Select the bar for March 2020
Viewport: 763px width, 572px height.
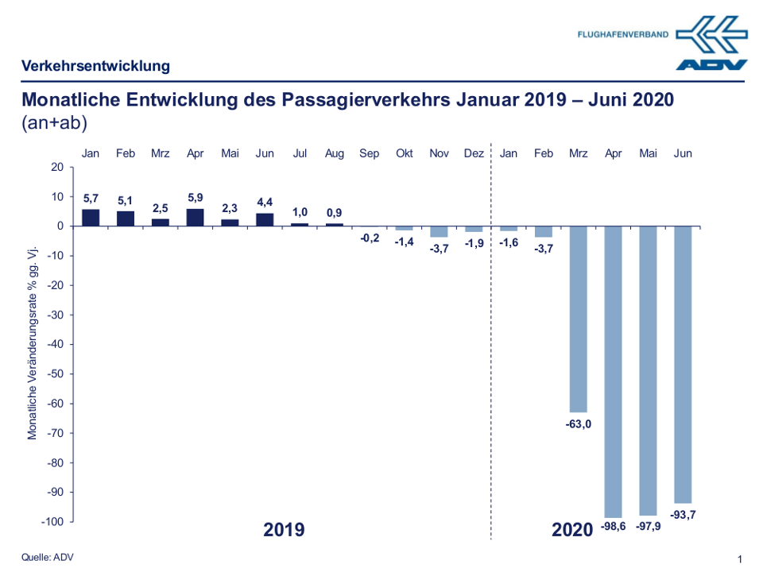click(x=579, y=319)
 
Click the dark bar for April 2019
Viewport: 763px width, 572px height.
click(x=195, y=217)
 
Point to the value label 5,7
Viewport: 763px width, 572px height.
click(x=91, y=199)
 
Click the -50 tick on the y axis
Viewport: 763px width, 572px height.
click(x=56, y=373)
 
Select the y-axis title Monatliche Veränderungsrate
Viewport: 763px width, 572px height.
click(x=33, y=342)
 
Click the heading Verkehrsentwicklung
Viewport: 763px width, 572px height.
click(x=95, y=66)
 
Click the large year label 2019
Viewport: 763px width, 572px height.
click(x=284, y=529)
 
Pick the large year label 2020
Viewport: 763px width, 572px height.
click(x=572, y=529)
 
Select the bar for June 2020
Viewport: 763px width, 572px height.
click(x=683, y=365)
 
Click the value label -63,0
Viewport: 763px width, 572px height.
click(x=579, y=423)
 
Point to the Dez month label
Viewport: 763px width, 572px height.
click(x=474, y=153)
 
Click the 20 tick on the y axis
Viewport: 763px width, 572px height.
click(x=56, y=167)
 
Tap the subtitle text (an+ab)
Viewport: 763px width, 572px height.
click(x=54, y=123)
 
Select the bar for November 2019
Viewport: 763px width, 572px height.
click(x=439, y=231)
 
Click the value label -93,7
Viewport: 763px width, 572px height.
click(x=683, y=515)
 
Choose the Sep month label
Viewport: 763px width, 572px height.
click(x=370, y=153)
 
